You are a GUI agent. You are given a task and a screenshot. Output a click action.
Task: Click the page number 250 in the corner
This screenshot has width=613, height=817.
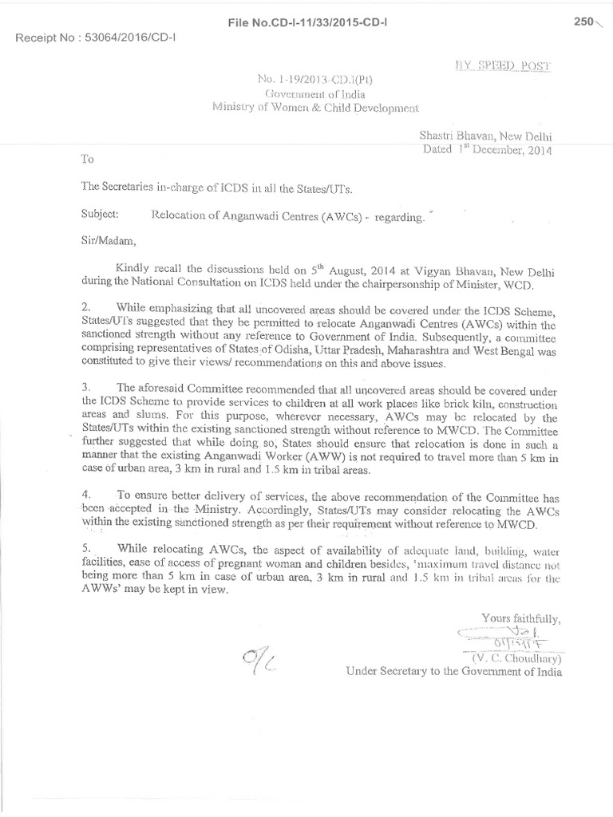584,22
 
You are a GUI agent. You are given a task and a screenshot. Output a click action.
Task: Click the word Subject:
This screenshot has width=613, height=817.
101,215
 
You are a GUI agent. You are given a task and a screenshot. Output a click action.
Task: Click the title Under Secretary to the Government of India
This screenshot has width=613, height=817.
453,672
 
